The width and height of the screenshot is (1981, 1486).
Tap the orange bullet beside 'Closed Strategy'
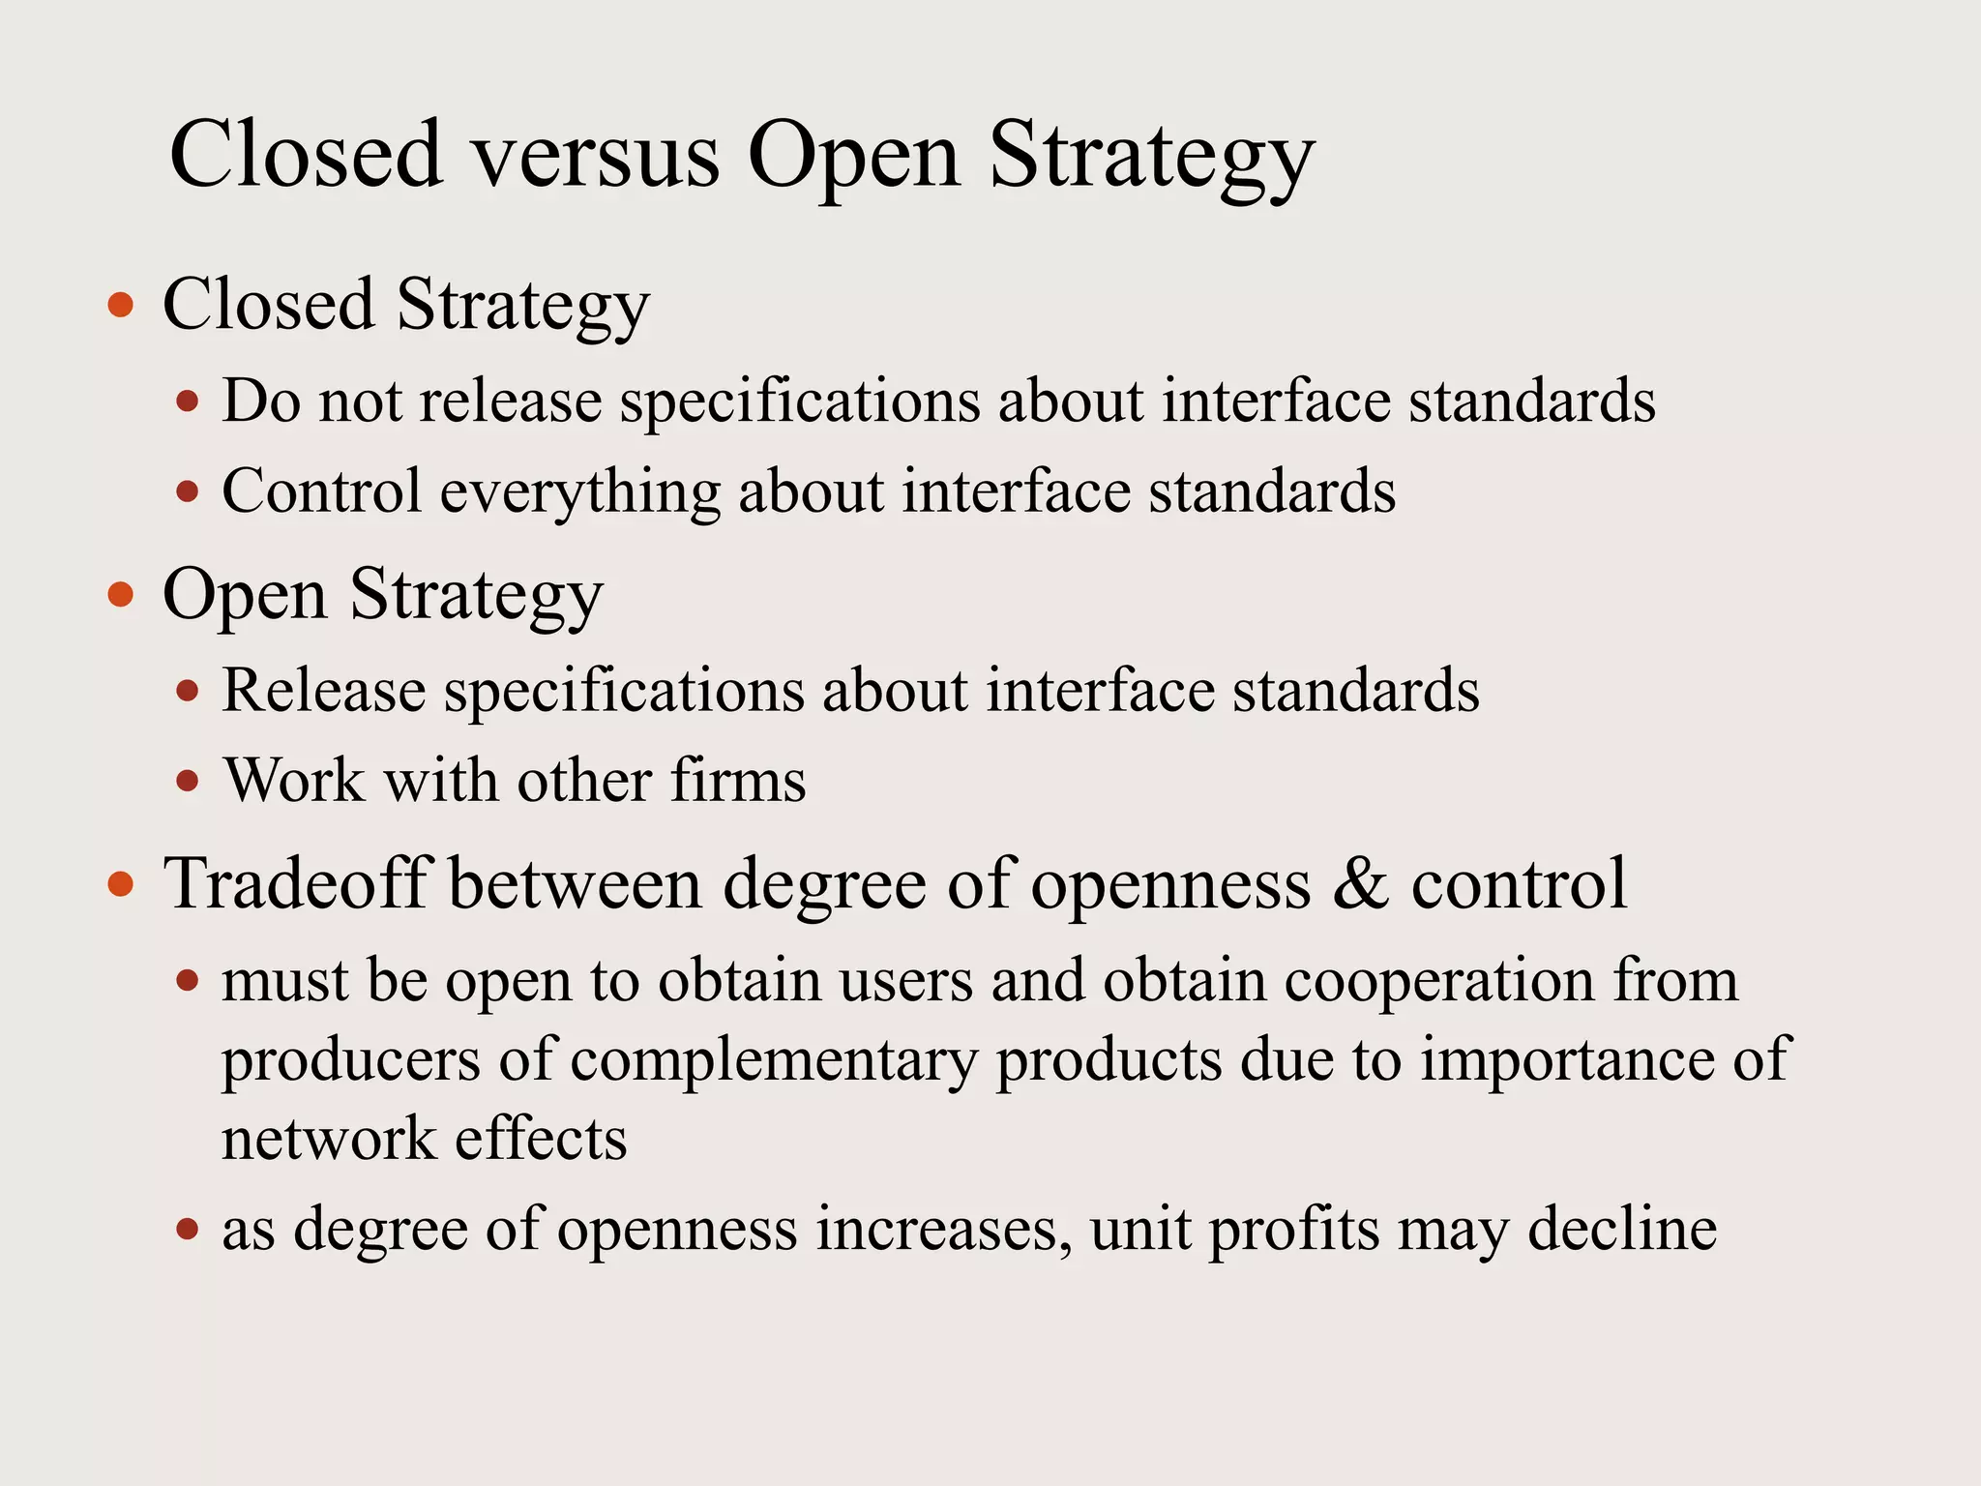point(121,307)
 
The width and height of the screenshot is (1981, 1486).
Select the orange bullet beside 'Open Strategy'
point(121,594)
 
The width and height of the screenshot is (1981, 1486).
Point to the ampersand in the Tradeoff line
point(1360,884)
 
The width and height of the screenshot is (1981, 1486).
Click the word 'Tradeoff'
point(296,884)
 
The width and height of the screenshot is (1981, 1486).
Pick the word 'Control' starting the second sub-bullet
point(322,490)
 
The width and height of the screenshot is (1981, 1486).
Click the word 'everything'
point(580,492)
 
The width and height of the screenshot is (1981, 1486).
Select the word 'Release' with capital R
point(324,691)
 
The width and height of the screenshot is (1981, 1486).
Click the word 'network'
point(329,1139)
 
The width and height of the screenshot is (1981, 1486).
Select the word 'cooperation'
point(1438,981)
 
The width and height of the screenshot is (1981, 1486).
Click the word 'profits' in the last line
point(1294,1231)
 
